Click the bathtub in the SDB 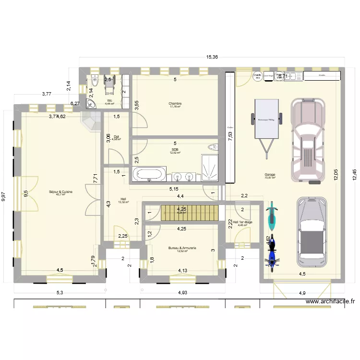click(149, 174)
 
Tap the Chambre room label click(175, 105)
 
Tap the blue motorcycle click(272, 251)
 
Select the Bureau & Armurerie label click(182, 249)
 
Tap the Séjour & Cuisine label click(60, 192)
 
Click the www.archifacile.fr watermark click(330, 302)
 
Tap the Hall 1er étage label click(242, 223)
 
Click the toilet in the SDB click(212, 147)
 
